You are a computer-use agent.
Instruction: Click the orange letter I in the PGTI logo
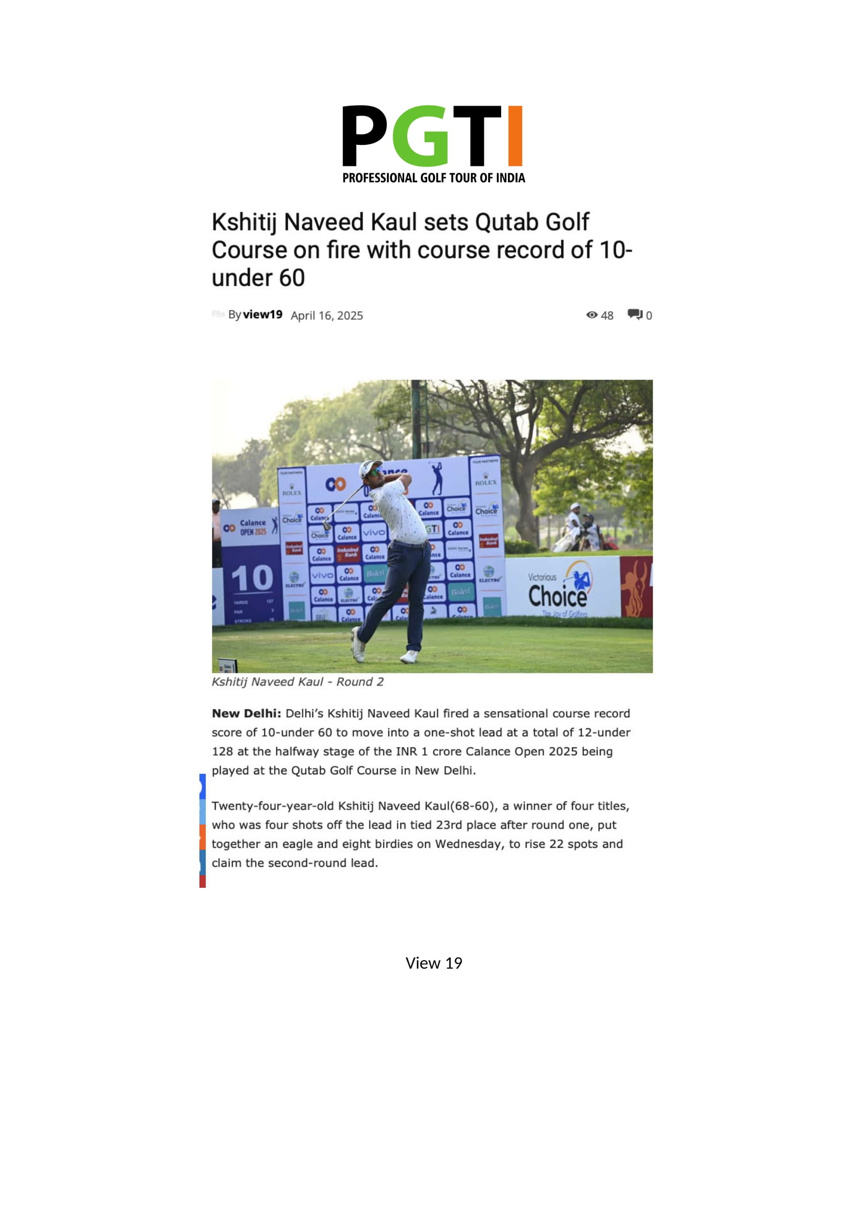(514, 136)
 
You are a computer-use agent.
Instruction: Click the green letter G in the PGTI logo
(421, 136)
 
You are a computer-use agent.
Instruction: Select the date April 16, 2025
(326, 316)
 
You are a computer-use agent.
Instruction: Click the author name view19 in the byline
(262, 314)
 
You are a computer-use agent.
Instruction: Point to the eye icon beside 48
(591, 315)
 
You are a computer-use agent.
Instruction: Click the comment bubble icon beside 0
(635, 314)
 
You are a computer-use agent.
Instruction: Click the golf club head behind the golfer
(327, 526)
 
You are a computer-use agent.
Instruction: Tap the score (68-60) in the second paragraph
(474, 806)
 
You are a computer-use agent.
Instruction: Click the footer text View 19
(433, 963)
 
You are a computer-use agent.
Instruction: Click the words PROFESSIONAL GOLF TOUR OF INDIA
(433, 178)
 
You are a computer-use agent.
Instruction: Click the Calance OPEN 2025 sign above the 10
(250, 527)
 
